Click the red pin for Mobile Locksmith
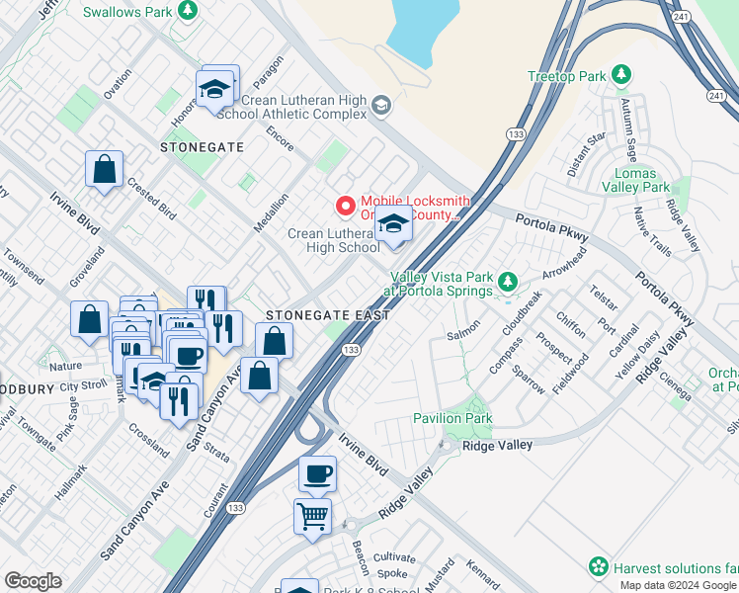coord(345,206)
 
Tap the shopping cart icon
coord(312,516)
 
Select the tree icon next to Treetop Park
coord(620,75)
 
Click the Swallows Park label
coord(128,12)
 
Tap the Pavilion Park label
coord(452,419)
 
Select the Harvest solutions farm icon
coord(598,567)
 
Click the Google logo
coord(33,581)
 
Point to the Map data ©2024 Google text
coord(678,585)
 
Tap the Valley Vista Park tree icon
coord(507,284)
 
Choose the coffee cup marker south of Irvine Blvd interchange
coord(317,473)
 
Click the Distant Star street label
coord(586,153)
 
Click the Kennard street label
coord(483,575)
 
